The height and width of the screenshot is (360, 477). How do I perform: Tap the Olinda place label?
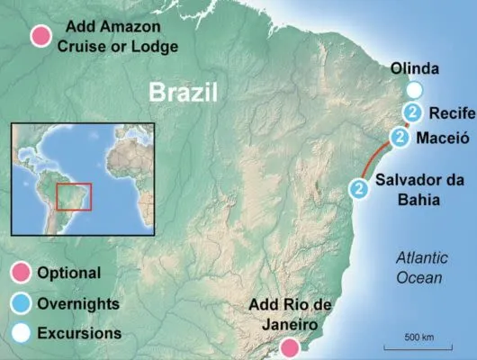[x=416, y=68]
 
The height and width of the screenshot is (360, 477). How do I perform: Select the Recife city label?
[x=446, y=114]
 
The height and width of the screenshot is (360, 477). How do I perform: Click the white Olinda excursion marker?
[x=413, y=91]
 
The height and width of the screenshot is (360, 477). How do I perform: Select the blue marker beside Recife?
[x=412, y=113]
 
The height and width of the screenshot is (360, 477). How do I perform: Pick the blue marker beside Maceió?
[x=400, y=137]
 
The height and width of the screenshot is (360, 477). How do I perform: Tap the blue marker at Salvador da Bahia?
[x=359, y=188]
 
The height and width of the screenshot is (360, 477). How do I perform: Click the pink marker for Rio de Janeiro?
[x=290, y=347]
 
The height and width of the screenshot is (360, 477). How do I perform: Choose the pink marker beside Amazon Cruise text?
[x=40, y=36]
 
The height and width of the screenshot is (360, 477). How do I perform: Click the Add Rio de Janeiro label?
[x=290, y=316]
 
